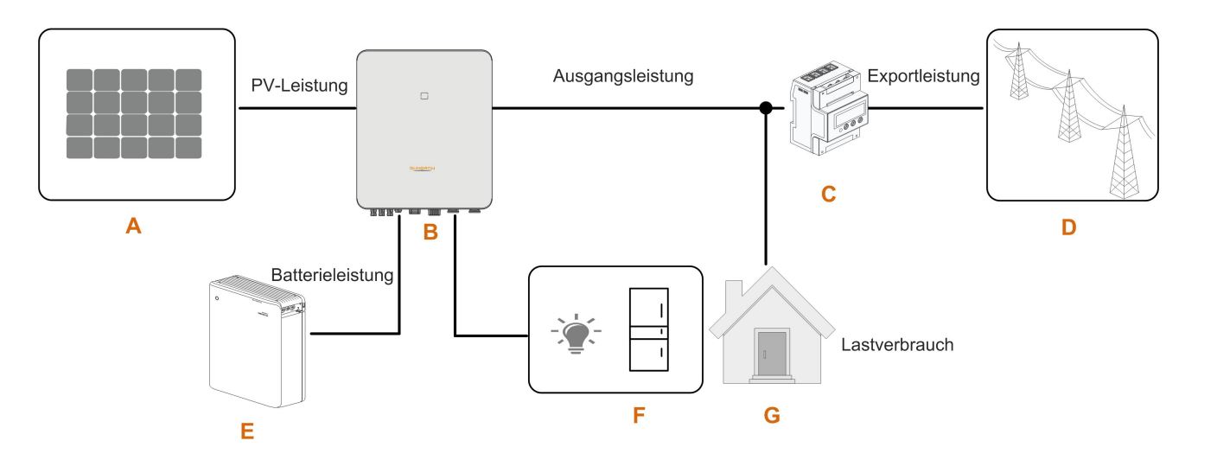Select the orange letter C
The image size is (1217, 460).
tap(827, 195)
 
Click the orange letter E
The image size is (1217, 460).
tap(248, 430)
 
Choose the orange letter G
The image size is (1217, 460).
tap(772, 417)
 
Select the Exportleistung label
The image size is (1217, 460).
tap(923, 76)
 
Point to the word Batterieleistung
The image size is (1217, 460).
tap(333, 276)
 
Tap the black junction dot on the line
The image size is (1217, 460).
tap(765, 108)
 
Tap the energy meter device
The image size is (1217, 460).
tap(827, 108)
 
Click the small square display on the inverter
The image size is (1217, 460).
tap(424, 97)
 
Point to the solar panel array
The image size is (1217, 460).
tap(134, 113)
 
